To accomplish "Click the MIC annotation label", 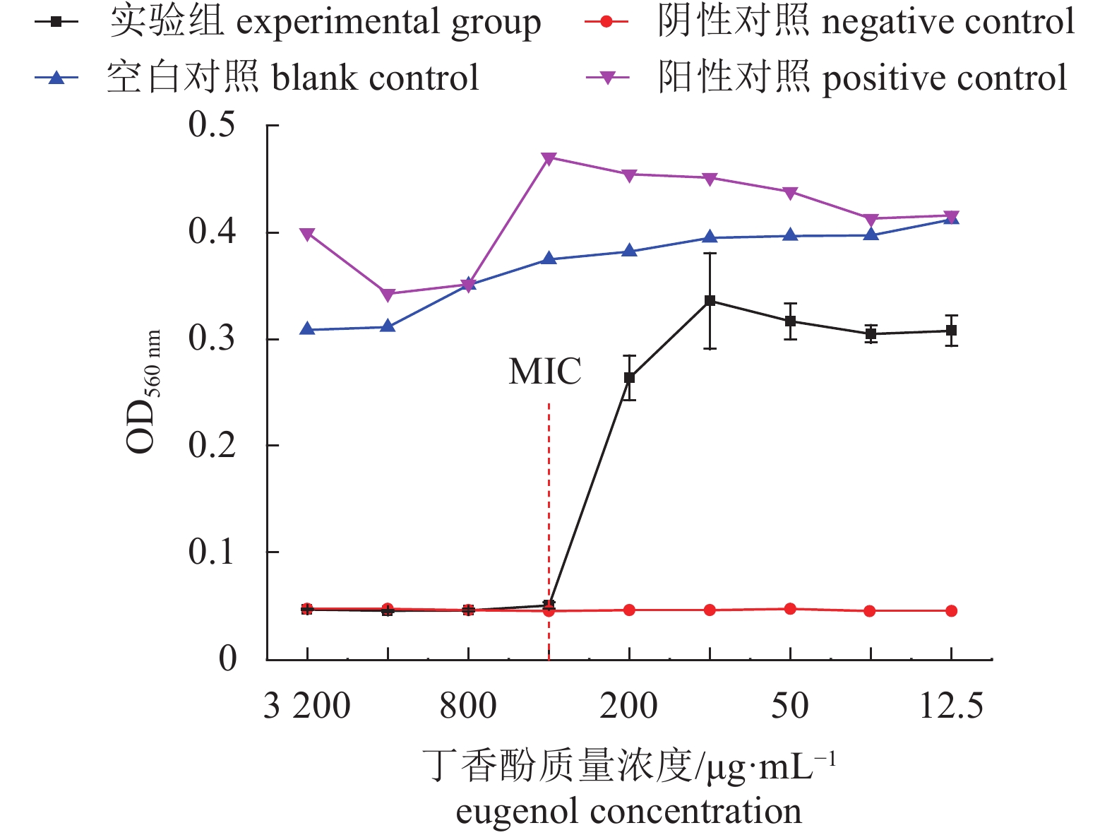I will (x=545, y=372).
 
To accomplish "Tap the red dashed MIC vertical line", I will (x=549, y=509).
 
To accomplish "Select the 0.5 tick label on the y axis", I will (x=212, y=125).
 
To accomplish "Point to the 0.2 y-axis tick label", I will (x=212, y=446).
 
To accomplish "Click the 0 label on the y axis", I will (x=227, y=659).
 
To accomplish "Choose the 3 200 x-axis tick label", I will (x=307, y=706).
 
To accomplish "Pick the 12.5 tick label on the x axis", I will (x=951, y=706).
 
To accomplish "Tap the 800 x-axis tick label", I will (x=468, y=706).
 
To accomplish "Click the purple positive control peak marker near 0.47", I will (x=549, y=158).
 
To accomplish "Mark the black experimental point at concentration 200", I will (x=629, y=378).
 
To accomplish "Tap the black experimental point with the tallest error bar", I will (x=710, y=301).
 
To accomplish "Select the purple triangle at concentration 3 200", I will (x=307, y=234).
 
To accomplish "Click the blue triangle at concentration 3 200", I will (x=307, y=329).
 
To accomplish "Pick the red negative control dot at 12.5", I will (x=951, y=611).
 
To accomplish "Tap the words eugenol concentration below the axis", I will (x=628, y=811).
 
